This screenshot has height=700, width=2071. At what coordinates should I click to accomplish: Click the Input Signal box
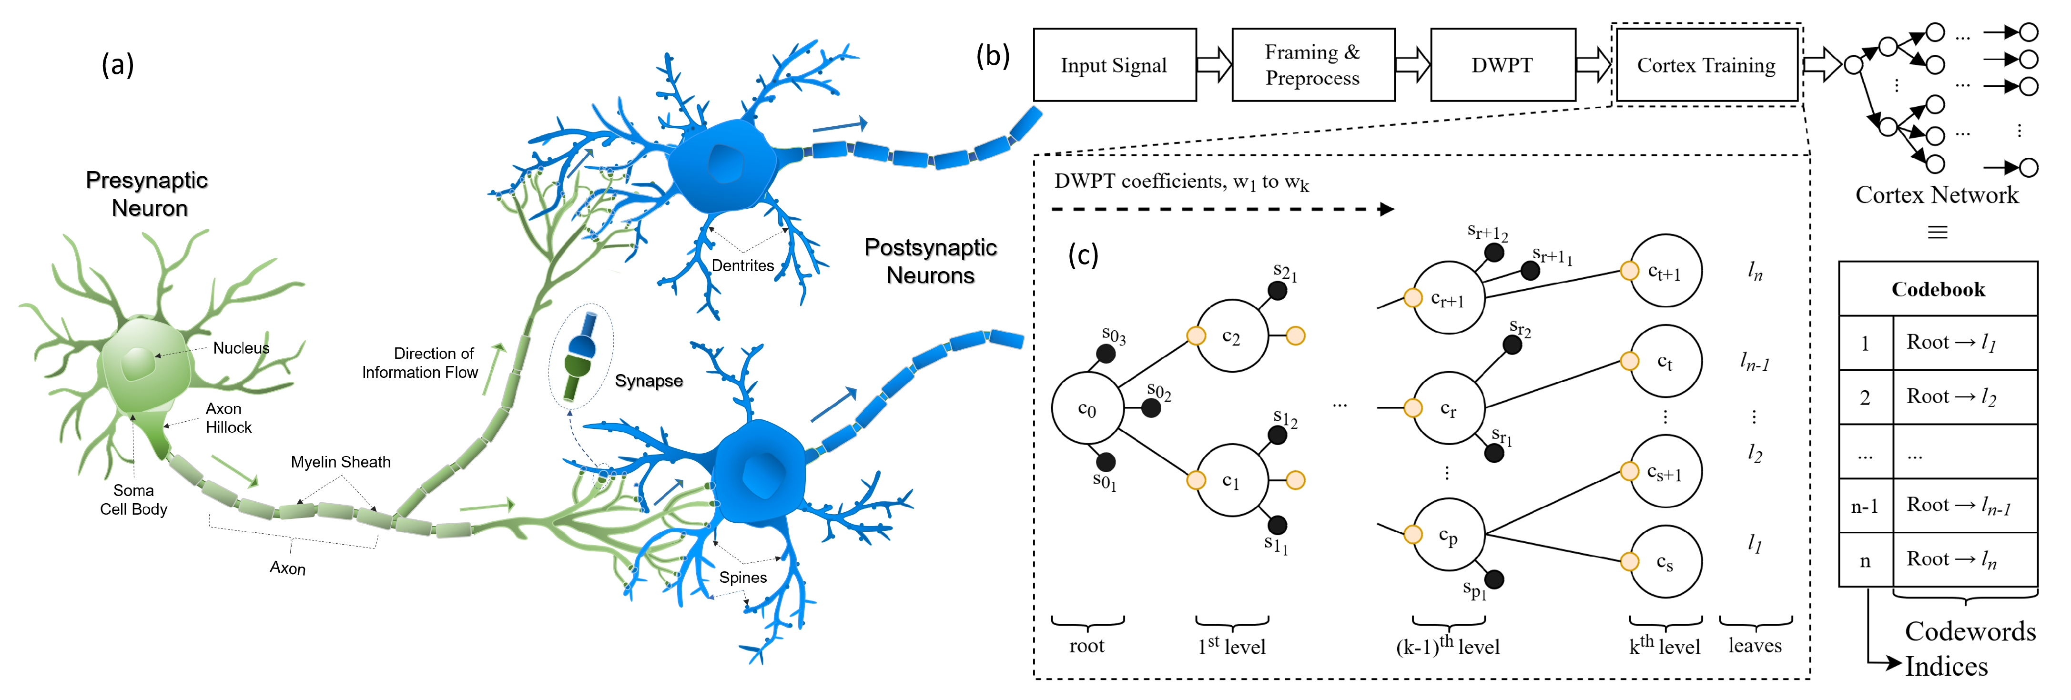coord(1114,65)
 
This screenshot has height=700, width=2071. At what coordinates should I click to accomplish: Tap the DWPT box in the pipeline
coord(1502,65)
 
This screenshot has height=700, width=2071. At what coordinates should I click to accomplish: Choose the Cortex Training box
coord(1706,65)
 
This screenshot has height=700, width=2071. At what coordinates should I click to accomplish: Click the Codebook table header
coord(1938,289)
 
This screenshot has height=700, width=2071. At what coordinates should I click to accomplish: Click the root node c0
coord(1087,408)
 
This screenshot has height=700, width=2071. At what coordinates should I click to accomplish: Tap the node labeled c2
coord(1232,336)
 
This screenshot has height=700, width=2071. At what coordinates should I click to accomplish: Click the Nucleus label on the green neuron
coord(241,348)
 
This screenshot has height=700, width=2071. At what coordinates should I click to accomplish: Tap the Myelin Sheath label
coord(340,462)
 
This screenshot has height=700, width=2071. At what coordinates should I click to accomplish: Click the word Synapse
coord(649,381)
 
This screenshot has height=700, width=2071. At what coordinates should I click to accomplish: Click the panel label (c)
coord(1083,255)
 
